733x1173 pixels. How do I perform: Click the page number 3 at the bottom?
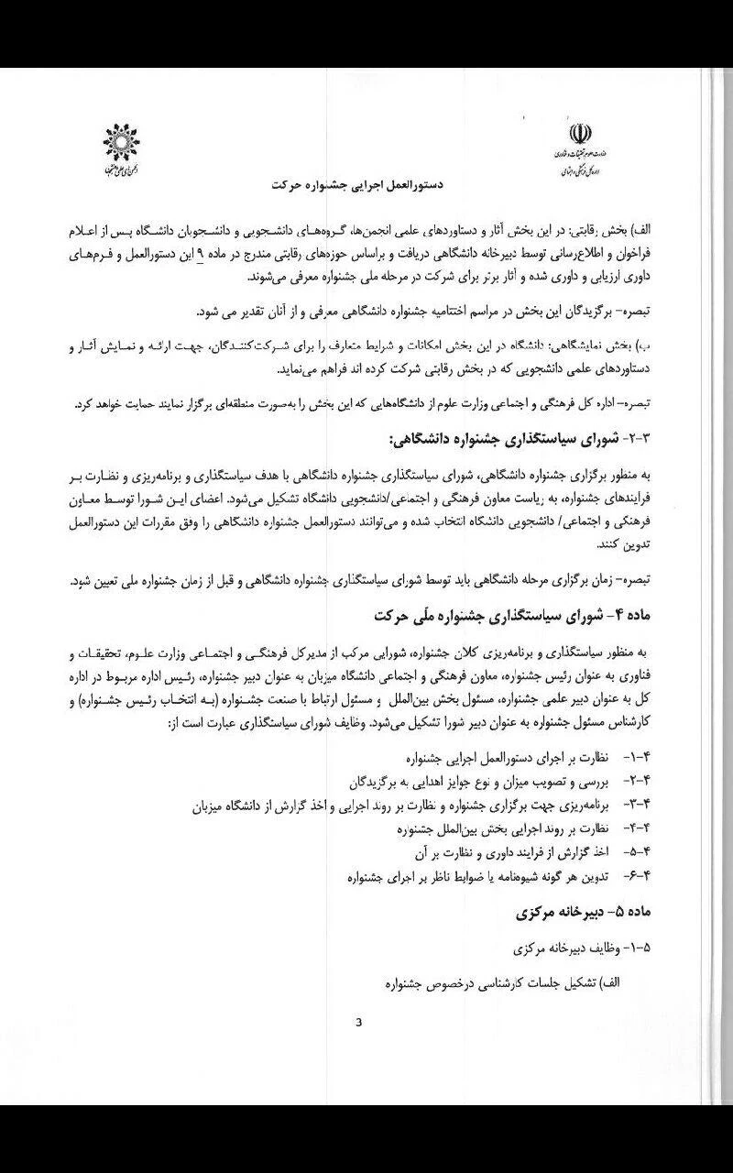[360, 1024]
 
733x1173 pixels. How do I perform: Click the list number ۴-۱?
[636, 760]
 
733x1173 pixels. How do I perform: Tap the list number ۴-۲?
[636, 783]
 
